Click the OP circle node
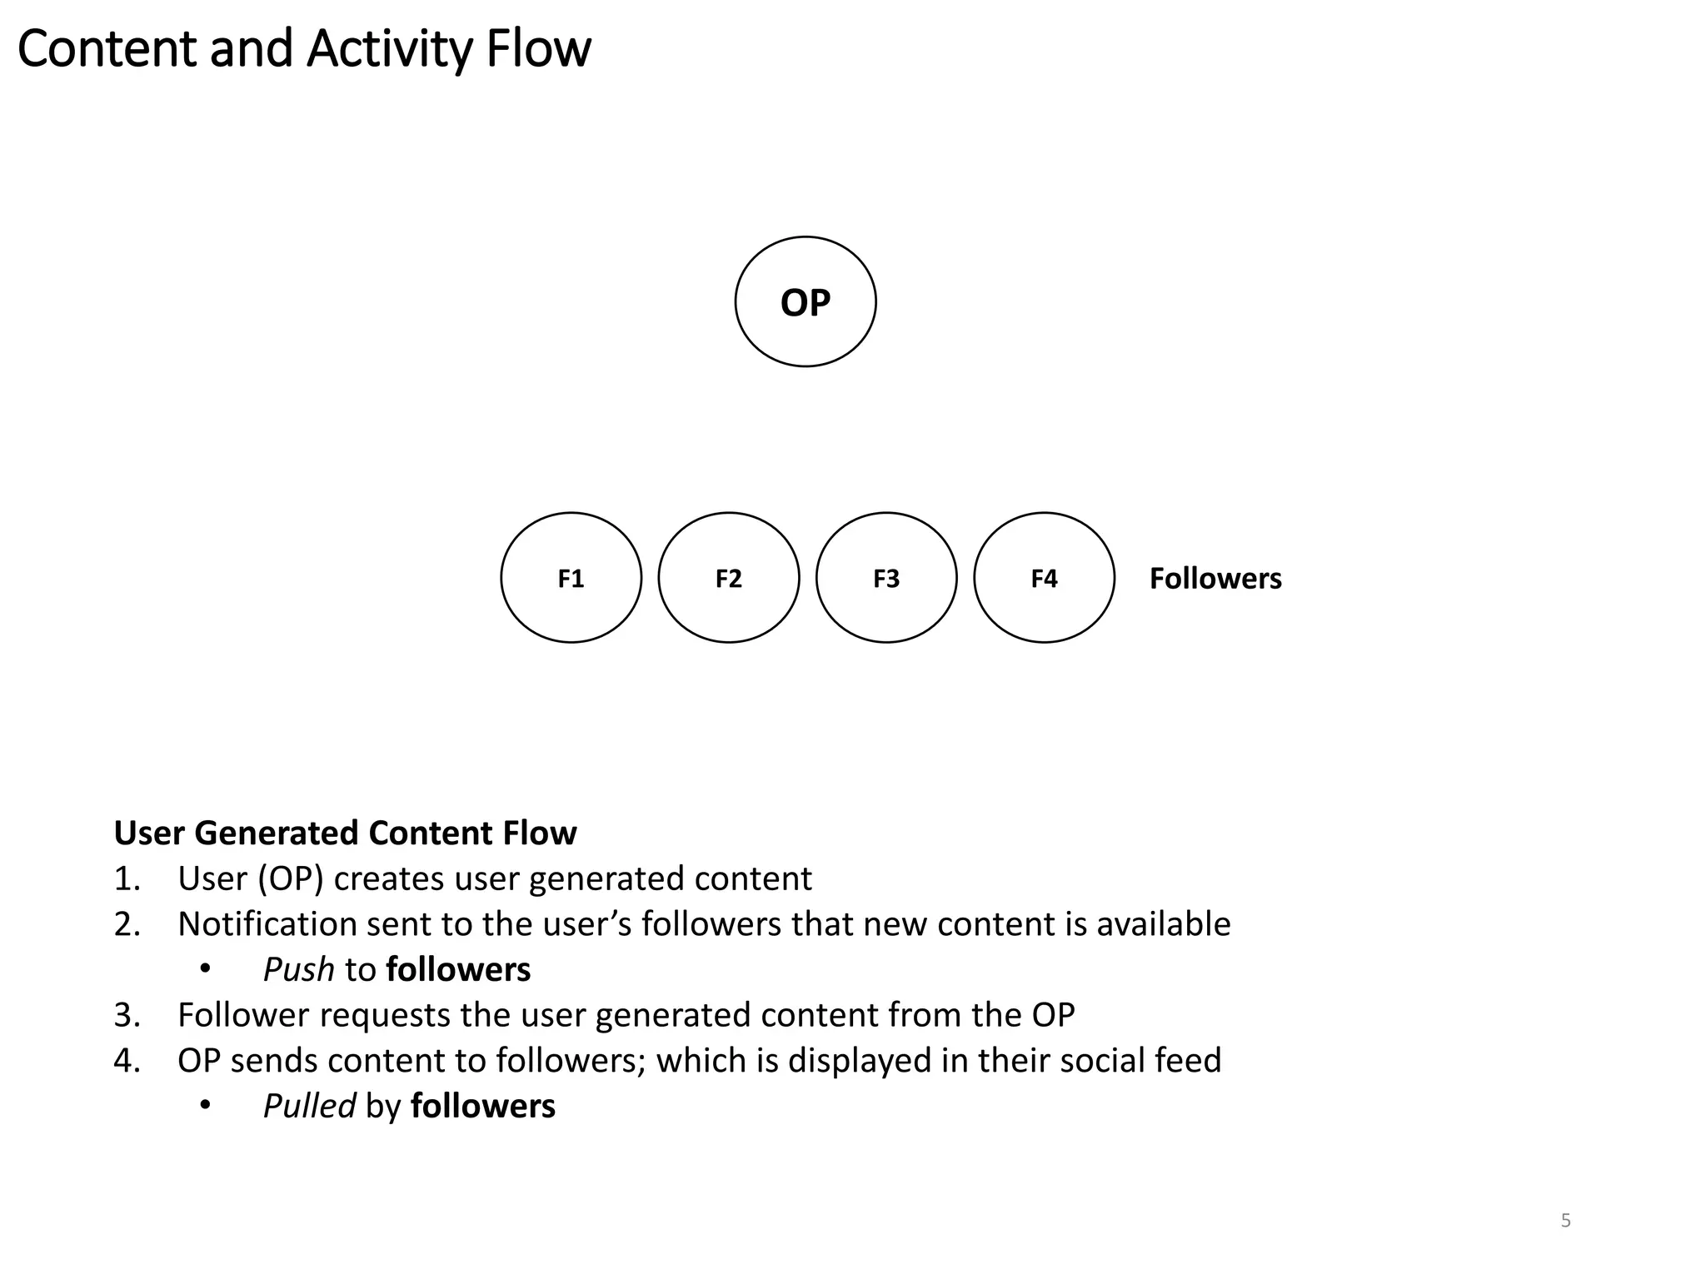tap(805, 301)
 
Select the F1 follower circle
tap(571, 577)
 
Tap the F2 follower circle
tap(728, 577)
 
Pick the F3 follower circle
tap(885, 577)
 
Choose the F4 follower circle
tap(1043, 577)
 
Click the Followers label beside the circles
tap(1215, 579)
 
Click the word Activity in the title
tap(389, 49)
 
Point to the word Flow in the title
tap(538, 49)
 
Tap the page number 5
tap(1565, 1221)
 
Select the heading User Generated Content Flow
tap(345, 833)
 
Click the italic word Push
tap(298, 969)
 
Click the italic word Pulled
tap(309, 1106)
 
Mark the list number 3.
tap(126, 1015)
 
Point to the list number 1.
tap(126, 878)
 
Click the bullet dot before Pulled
tap(205, 1106)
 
